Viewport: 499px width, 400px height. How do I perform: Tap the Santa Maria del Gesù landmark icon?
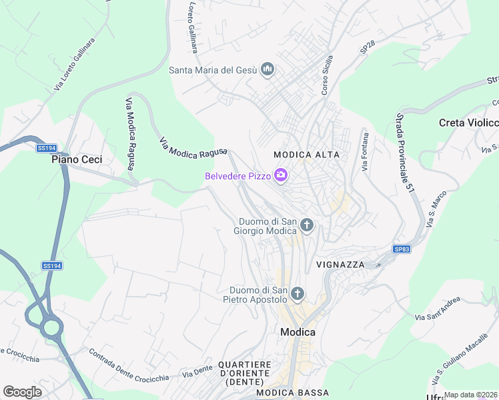(268, 69)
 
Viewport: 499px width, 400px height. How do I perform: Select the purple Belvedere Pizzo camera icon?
(281, 175)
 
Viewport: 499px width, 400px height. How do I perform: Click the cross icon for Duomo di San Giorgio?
(306, 225)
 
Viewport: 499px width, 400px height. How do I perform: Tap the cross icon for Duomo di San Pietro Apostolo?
(298, 293)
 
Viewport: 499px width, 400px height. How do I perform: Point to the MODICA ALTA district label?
(307, 155)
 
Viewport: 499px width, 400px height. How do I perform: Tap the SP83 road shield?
(401, 249)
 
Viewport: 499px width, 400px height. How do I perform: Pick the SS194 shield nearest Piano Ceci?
(46, 147)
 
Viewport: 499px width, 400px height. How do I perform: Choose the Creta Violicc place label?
(468, 123)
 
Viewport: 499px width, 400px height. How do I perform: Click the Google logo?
(22, 391)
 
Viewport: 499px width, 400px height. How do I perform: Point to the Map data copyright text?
(470, 395)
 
